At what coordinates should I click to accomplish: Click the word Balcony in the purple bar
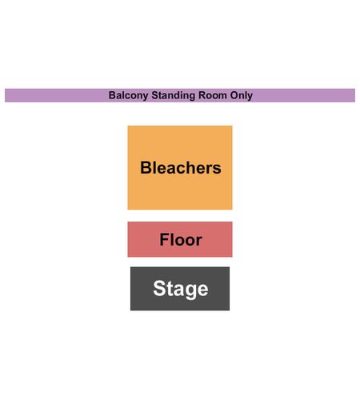[128, 96]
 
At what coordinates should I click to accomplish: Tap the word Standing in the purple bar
[174, 96]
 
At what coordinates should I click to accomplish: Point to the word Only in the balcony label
[242, 96]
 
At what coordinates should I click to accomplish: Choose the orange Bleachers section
[180, 168]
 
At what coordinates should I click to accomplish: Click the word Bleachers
[181, 168]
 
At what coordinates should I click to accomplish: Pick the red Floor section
[180, 239]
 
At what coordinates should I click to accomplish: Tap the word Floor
[181, 239]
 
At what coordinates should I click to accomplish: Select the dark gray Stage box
[180, 289]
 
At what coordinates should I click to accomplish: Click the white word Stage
[181, 290]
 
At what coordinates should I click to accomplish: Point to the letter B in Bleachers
[146, 168]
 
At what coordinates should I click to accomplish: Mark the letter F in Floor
[164, 239]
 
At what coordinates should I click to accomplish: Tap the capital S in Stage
[159, 288]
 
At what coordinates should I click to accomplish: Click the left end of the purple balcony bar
[5, 95]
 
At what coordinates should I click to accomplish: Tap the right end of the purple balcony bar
[355, 95]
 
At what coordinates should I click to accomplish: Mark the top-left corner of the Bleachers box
[128, 126]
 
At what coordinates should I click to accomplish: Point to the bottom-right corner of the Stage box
[230, 310]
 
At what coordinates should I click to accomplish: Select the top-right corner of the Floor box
[232, 222]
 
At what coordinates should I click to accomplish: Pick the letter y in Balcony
[146, 97]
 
